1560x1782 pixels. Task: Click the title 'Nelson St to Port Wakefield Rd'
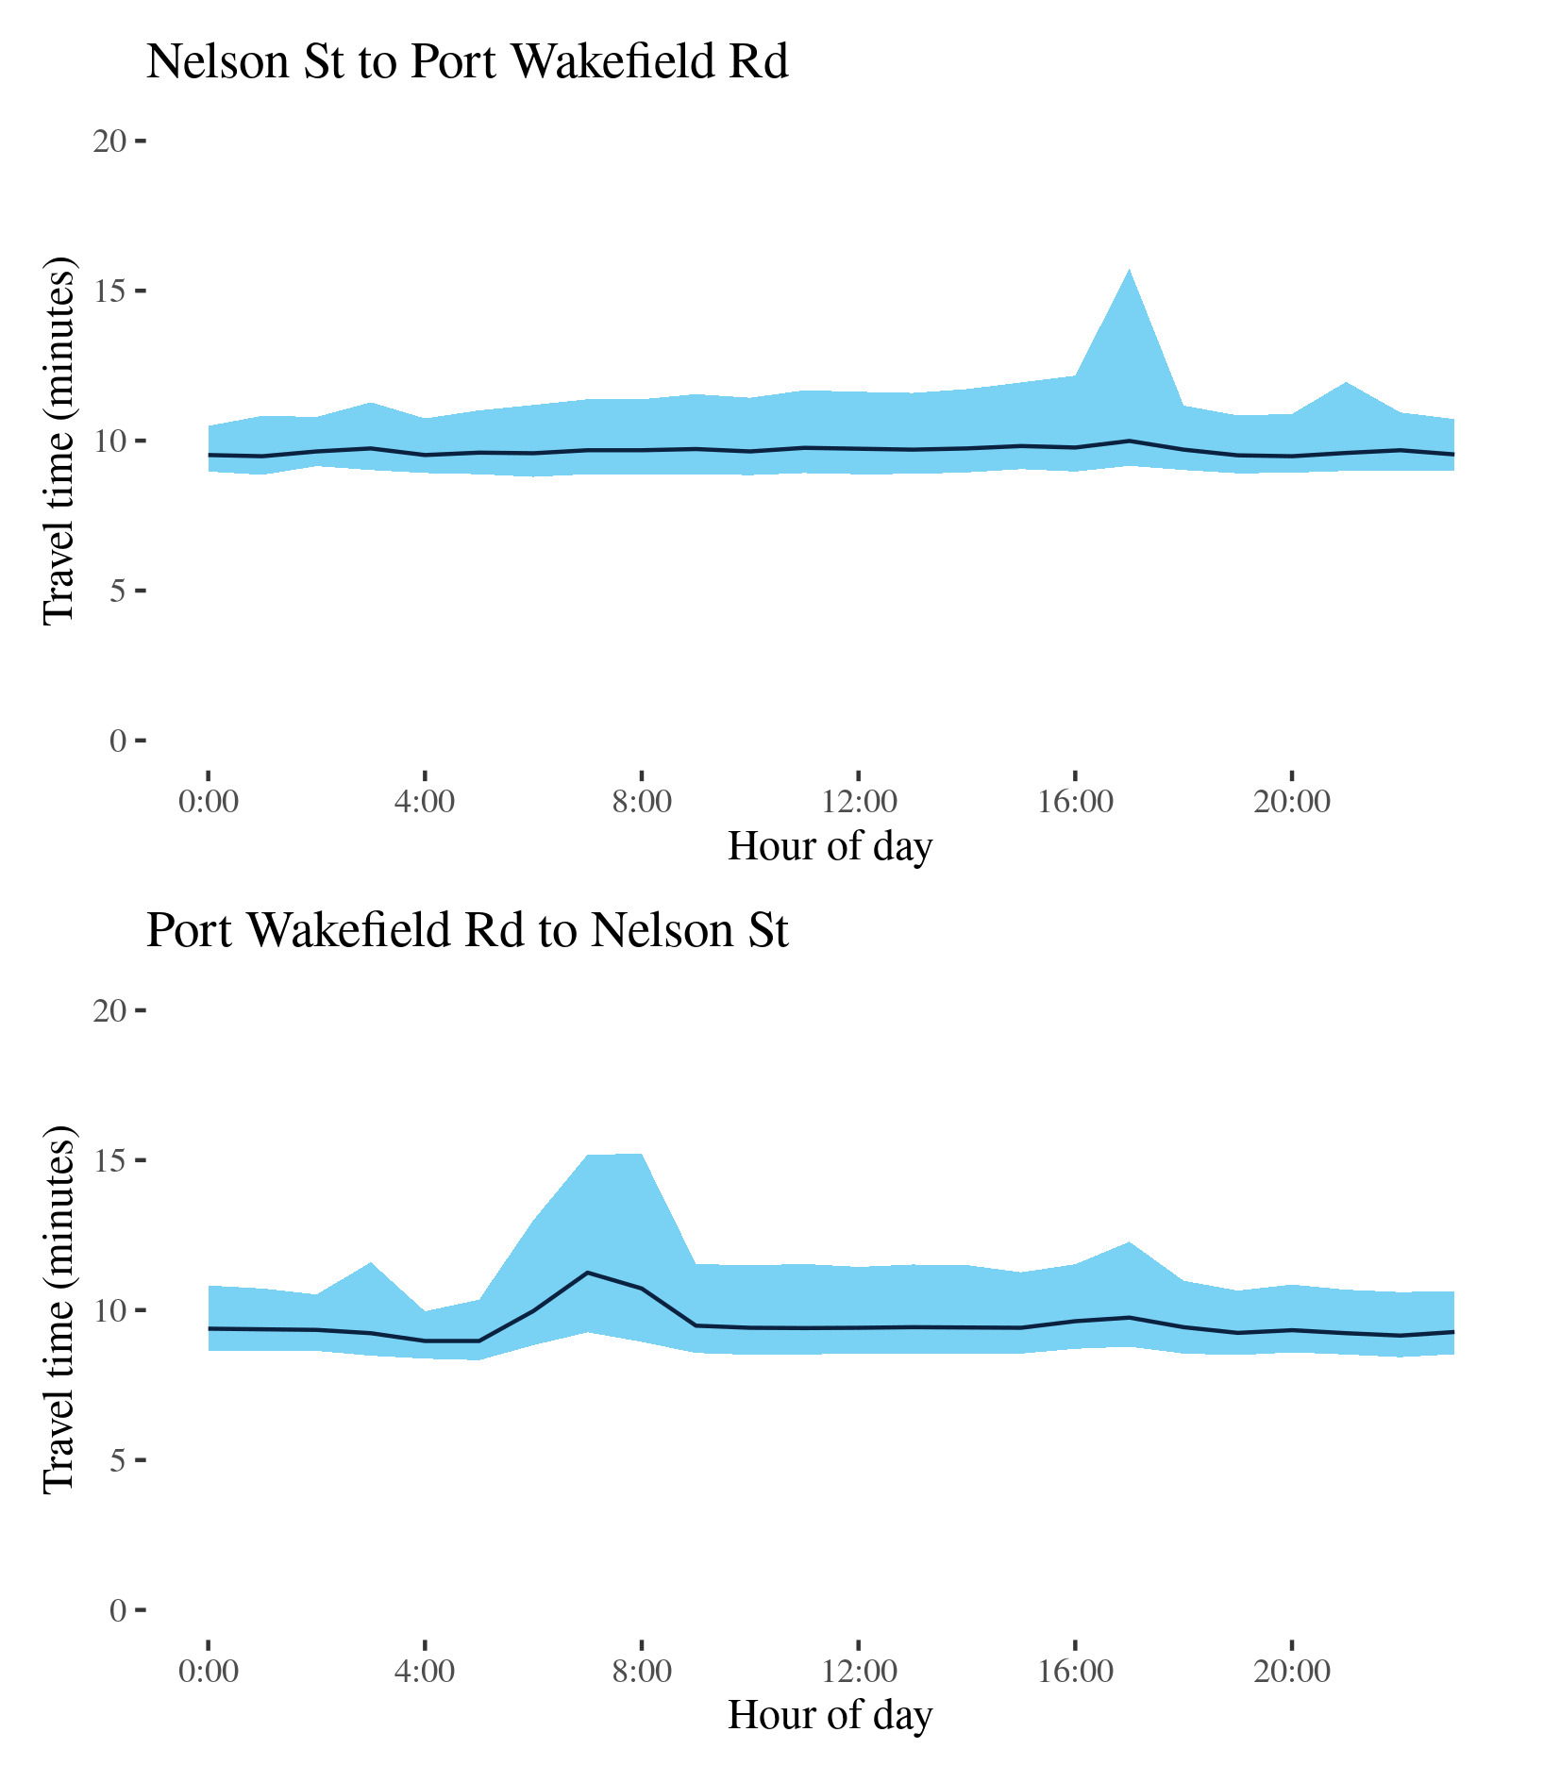pyautogui.click(x=467, y=62)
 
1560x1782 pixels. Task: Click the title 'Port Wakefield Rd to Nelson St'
pyautogui.click(x=467, y=931)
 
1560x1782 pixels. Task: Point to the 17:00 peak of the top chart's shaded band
pyautogui.click(x=1129, y=270)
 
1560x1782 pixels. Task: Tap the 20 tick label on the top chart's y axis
pyautogui.click(x=109, y=142)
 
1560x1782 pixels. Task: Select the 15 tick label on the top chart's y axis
pyautogui.click(x=109, y=291)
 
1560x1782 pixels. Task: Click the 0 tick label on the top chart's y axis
pyautogui.click(x=118, y=741)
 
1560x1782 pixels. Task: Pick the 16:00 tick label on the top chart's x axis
pyautogui.click(x=1075, y=803)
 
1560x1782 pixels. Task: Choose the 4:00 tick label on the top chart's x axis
pyautogui.click(x=425, y=803)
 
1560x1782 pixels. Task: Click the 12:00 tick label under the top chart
pyautogui.click(x=858, y=803)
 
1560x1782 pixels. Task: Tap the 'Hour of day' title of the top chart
pyautogui.click(x=830, y=846)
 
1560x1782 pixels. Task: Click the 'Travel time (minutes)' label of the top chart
pyautogui.click(x=59, y=441)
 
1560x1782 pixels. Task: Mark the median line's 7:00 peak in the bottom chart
pyautogui.click(x=588, y=1273)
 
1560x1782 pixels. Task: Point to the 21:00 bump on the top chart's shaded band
pyautogui.click(x=1346, y=383)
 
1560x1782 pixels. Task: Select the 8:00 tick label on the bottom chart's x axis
pyautogui.click(x=642, y=1673)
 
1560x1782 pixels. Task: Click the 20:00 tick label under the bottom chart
pyautogui.click(x=1292, y=1673)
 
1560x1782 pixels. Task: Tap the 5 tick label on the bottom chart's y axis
pyautogui.click(x=118, y=1461)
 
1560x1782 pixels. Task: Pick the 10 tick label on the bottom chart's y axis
pyautogui.click(x=109, y=1311)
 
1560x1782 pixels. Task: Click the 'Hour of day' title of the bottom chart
pyautogui.click(x=830, y=1715)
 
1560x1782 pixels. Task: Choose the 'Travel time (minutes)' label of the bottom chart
pyautogui.click(x=59, y=1309)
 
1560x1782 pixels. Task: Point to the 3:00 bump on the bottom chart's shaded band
pyautogui.click(x=371, y=1263)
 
